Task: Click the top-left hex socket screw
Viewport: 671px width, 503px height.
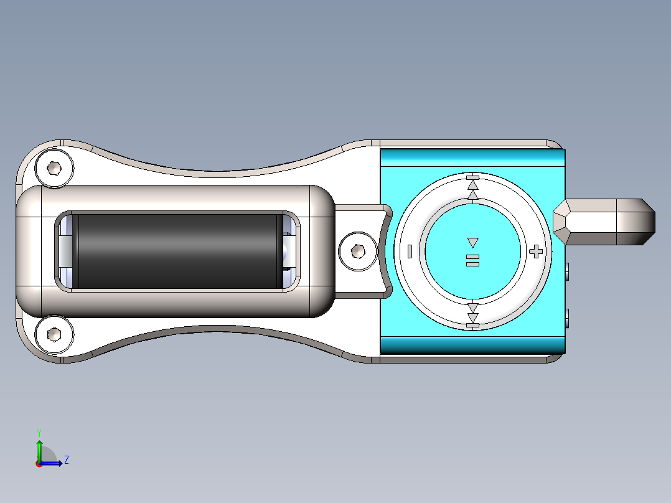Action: pos(54,168)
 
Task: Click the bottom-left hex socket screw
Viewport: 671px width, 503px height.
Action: pos(54,334)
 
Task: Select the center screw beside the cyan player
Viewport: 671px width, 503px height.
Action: pos(358,251)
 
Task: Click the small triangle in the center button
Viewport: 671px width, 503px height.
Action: pos(472,242)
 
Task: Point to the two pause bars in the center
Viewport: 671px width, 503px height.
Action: pos(472,260)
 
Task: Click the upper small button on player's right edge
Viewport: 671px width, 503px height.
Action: pos(568,271)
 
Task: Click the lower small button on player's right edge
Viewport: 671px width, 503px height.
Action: pos(568,319)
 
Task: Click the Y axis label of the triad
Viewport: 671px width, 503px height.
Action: pos(39,431)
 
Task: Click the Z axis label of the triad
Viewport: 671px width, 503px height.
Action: pos(66,460)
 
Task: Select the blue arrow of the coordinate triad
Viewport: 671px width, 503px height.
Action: pos(53,463)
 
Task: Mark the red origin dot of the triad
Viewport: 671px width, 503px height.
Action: pos(39,463)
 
